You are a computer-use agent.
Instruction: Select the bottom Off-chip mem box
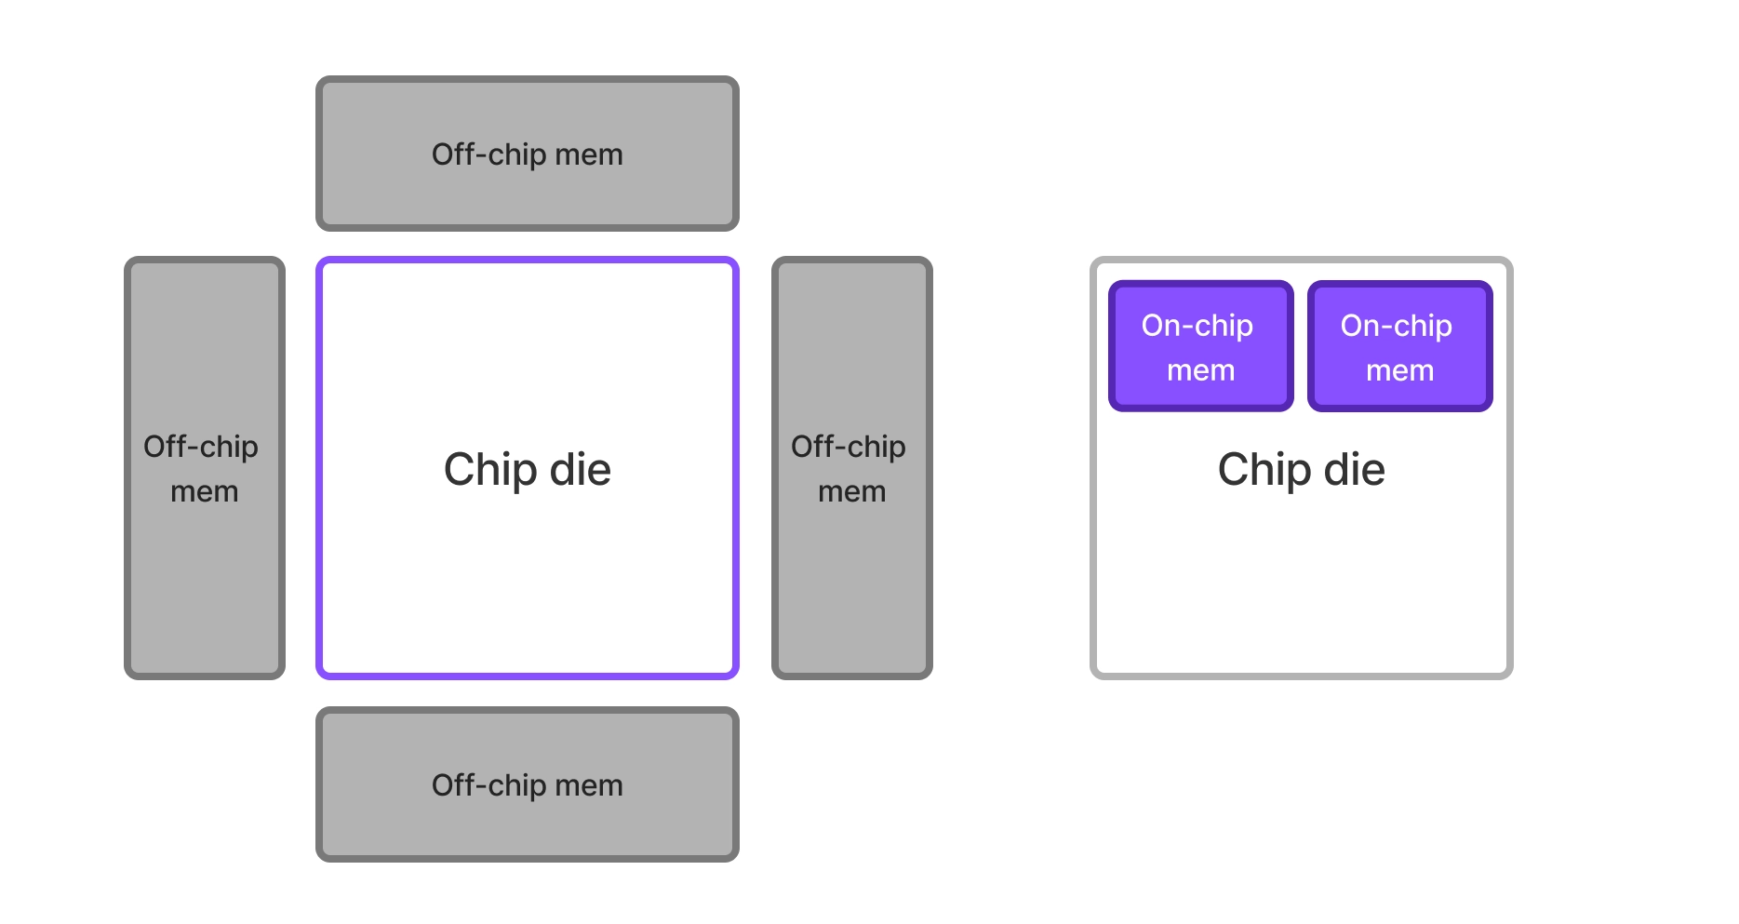527,828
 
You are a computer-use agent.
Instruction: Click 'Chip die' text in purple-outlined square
527,469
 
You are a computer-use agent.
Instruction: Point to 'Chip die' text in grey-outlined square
1301,469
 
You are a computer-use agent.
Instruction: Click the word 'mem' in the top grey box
588,154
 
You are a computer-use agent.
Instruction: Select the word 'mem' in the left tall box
205,491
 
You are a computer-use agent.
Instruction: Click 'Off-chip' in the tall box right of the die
848,447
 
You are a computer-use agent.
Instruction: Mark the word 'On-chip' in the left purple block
1197,326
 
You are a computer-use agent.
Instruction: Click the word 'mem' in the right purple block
1399,370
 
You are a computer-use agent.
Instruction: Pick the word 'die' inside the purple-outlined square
580,469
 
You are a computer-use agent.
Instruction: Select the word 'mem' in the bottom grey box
588,785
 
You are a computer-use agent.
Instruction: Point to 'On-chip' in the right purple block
1396,326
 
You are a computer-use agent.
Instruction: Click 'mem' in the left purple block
1200,370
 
